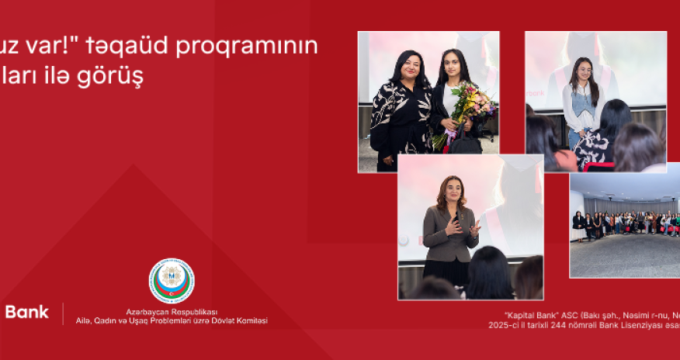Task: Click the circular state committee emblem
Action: click(171, 280)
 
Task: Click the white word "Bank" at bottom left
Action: click(26, 313)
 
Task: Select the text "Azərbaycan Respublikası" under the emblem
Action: click(172, 310)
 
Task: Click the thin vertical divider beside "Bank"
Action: click(62, 313)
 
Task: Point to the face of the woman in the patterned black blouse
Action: click(408, 68)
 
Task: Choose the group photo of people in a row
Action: click(624, 225)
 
